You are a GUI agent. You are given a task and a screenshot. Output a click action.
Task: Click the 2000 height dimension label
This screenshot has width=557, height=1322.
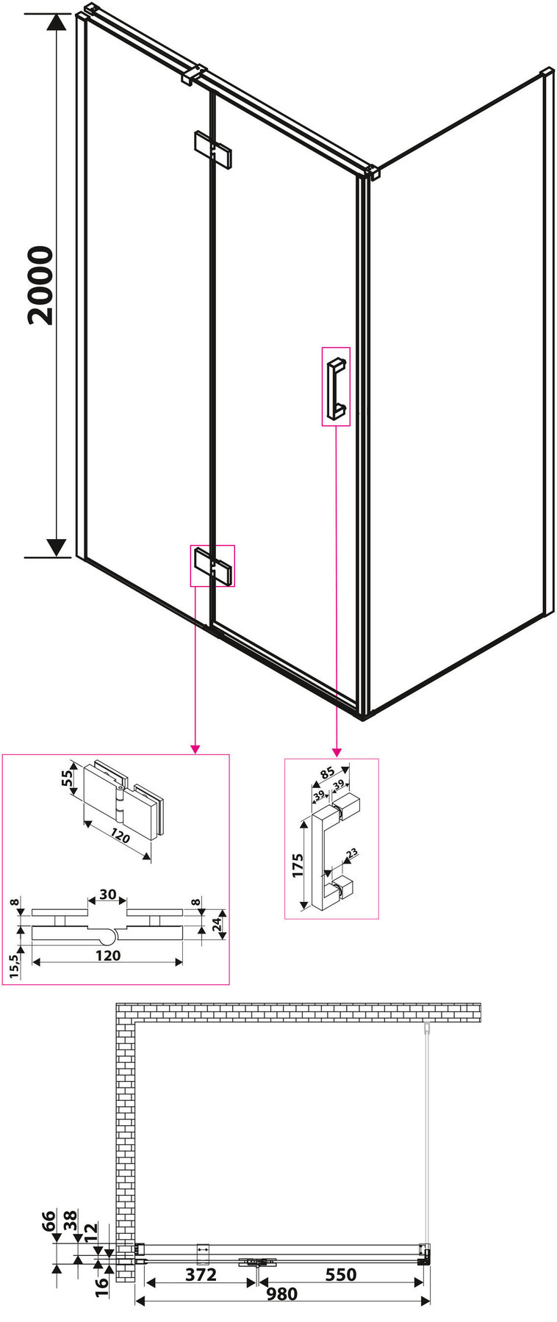40,286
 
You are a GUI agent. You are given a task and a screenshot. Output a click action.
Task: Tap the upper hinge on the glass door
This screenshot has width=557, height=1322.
212,150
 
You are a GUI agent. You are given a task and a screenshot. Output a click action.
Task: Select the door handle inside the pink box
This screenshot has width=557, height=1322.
336,386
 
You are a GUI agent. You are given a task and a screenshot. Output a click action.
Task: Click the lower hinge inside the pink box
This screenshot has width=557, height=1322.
212,566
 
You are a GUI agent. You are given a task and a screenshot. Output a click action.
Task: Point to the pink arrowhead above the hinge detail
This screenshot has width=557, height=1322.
195,749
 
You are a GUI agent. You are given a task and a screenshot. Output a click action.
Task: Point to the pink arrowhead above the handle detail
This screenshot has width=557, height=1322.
337,752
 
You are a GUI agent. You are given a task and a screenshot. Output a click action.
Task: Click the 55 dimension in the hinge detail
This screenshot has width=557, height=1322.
68,777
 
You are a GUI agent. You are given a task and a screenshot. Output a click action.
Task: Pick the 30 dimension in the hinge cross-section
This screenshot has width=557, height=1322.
107,895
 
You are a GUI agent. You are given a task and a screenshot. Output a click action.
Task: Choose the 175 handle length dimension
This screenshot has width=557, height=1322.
298,865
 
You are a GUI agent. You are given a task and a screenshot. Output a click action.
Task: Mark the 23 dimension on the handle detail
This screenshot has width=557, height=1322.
351,853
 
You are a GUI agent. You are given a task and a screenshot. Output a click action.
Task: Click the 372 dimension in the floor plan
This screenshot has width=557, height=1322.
201,1274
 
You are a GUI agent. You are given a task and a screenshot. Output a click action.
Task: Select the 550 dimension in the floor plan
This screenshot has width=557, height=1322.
340,1274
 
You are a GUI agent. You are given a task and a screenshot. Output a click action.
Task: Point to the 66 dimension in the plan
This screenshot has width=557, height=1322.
48,1221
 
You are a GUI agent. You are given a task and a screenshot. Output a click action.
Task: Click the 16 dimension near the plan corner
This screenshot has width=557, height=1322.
102,1285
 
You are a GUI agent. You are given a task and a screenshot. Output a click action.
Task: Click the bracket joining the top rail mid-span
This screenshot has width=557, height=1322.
192,74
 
